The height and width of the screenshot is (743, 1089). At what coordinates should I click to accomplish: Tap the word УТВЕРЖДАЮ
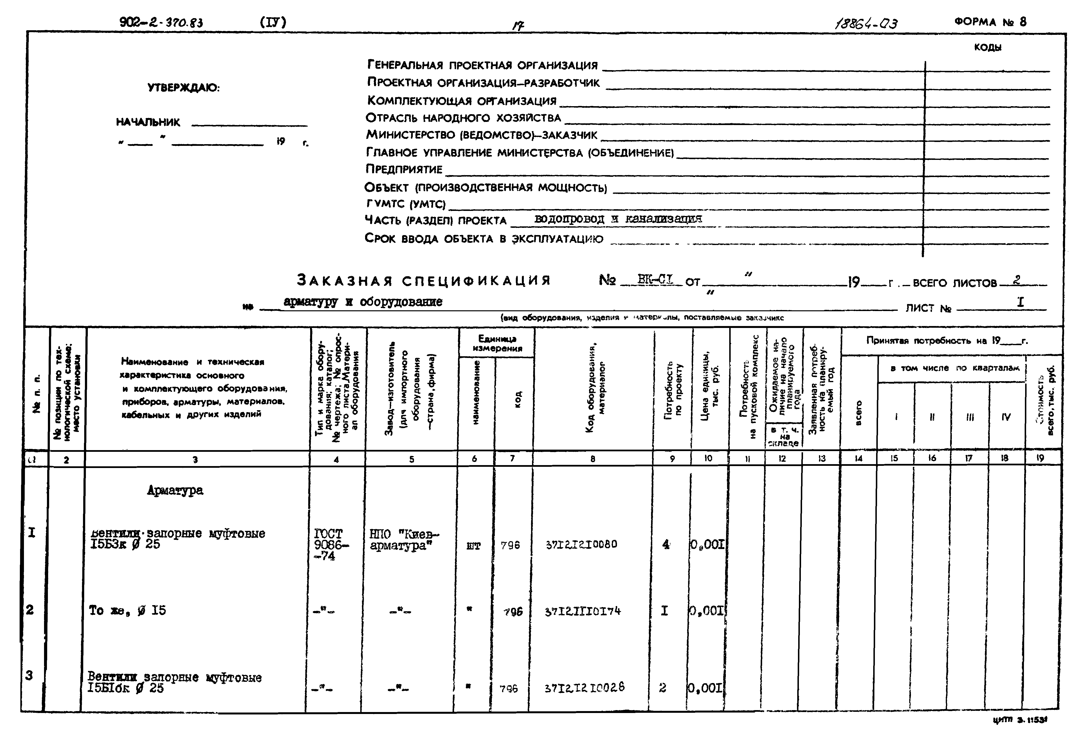click(183, 88)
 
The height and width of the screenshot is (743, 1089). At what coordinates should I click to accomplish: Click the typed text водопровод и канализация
click(618, 219)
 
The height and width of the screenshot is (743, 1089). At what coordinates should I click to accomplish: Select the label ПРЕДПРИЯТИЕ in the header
click(404, 169)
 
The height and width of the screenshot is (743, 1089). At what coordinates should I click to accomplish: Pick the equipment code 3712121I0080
click(581, 544)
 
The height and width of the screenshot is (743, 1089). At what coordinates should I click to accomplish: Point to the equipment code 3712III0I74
click(582, 611)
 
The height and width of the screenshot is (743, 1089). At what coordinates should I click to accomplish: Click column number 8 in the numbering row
click(593, 459)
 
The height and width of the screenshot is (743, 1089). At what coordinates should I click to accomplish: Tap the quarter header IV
click(1006, 416)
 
